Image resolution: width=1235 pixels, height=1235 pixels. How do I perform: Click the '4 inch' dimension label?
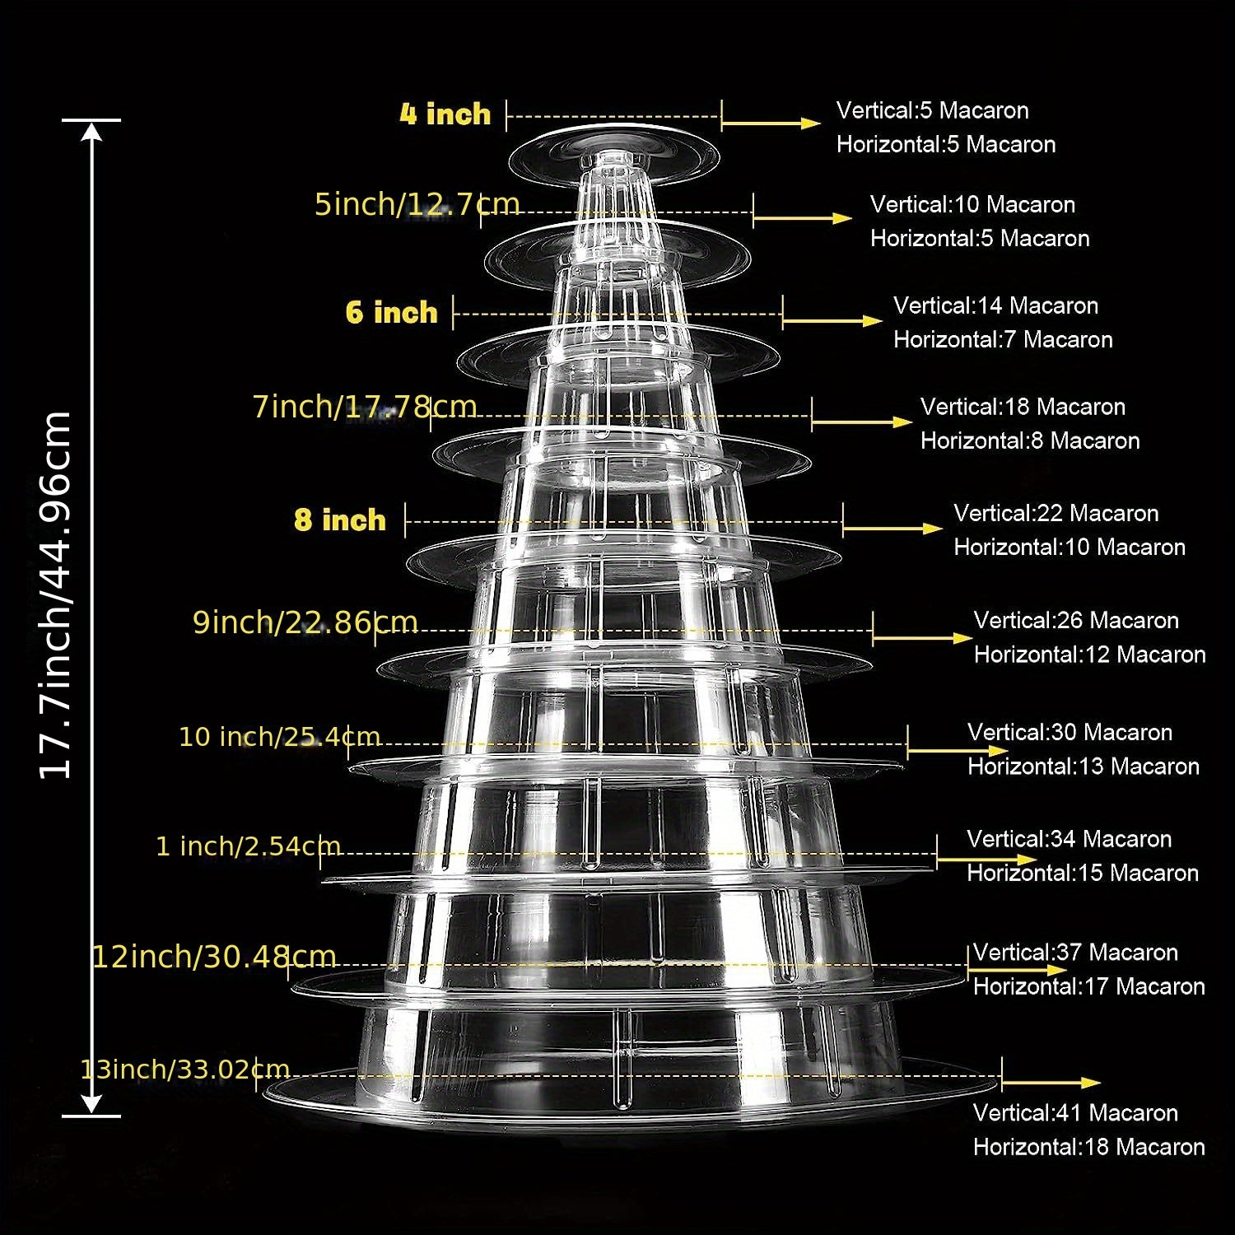pyautogui.click(x=445, y=114)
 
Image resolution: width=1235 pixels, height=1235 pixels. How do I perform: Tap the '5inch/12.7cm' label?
pyautogui.click(x=417, y=204)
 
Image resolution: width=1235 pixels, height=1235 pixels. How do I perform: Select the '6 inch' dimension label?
pyautogui.click(x=392, y=312)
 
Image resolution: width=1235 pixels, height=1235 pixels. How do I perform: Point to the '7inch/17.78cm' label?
pyautogui.click(x=365, y=407)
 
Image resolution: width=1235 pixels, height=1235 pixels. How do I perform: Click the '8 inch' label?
pyautogui.click(x=340, y=520)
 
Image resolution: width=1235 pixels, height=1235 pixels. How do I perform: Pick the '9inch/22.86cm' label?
pyautogui.click(x=305, y=622)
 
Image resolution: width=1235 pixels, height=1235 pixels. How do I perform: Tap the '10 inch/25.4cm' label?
pyautogui.click(x=280, y=736)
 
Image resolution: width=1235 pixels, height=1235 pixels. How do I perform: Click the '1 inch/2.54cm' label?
pyautogui.click(x=249, y=846)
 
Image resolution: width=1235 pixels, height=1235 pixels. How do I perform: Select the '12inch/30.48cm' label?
pyautogui.click(x=214, y=957)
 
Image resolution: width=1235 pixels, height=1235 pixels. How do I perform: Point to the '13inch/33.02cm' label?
pyautogui.click(x=185, y=1070)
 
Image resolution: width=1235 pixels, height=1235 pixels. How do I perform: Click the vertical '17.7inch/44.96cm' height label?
pyautogui.click(x=56, y=594)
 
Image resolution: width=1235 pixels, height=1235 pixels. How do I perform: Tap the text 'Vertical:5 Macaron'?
pyautogui.click(x=933, y=110)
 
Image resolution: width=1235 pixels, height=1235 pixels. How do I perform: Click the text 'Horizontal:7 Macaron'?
pyautogui.click(x=1003, y=339)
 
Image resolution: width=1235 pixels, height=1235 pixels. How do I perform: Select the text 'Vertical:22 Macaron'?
pyautogui.click(x=1056, y=513)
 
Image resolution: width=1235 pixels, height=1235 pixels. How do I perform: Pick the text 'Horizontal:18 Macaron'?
pyautogui.click(x=1089, y=1147)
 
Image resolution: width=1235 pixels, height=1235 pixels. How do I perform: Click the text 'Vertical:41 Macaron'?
pyautogui.click(x=1075, y=1112)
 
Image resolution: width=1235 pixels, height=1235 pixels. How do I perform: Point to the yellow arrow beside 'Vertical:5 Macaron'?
pyautogui.click(x=771, y=123)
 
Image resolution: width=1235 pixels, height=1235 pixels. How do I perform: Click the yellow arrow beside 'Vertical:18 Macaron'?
pyautogui.click(x=862, y=422)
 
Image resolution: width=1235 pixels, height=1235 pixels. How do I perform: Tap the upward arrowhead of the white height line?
pyautogui.click(x=91, y=132)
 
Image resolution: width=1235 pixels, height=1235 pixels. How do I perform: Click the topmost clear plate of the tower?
pyautogui.click(x=613, y=155)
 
